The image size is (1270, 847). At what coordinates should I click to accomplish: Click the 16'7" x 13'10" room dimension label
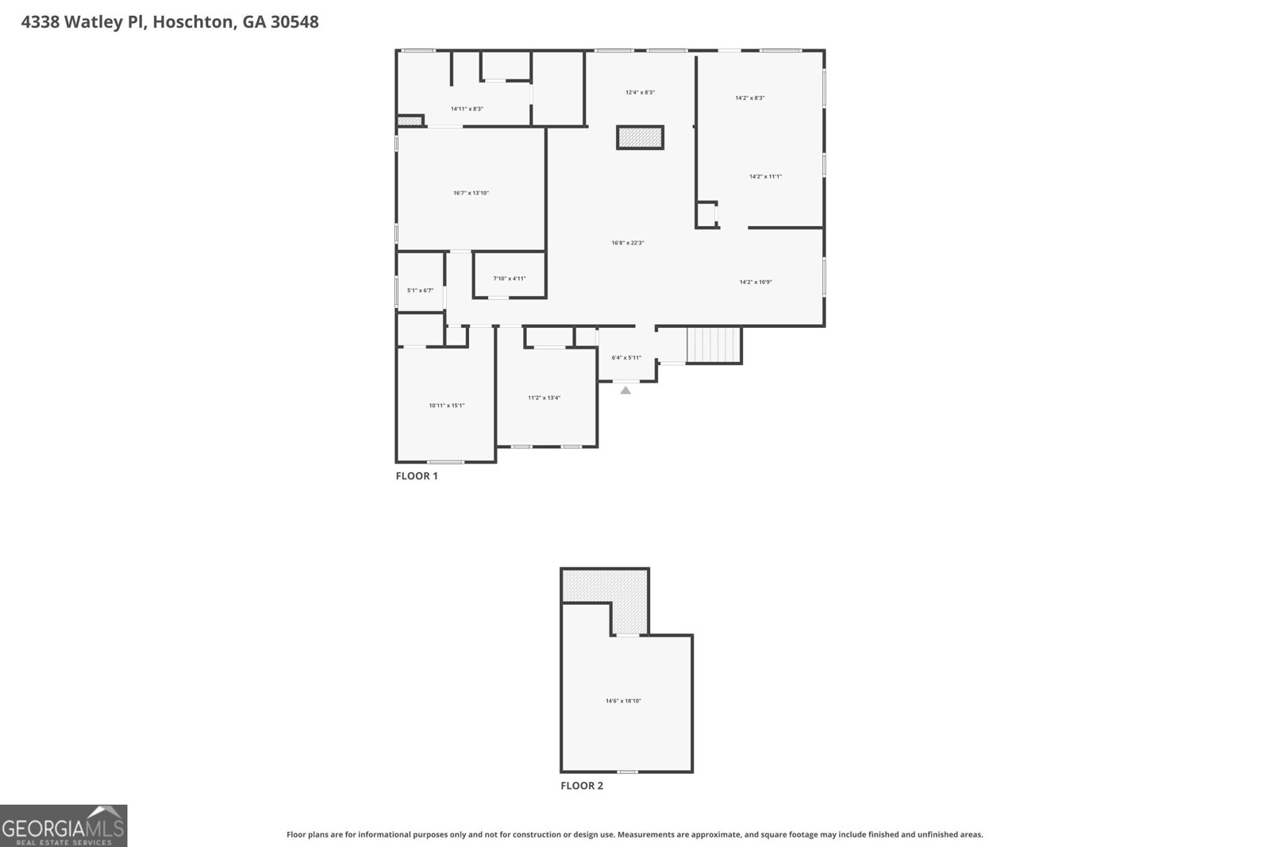tap(471, 193)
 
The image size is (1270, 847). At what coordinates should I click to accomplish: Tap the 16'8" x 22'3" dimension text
tap(627, 243)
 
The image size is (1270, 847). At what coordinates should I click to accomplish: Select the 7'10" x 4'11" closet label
tap(509, 279)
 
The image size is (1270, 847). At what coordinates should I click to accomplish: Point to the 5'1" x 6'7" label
tap(420, 291)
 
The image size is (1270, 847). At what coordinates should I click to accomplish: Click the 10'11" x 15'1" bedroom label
tap(446, 406)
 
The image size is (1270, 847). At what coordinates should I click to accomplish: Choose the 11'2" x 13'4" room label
tap(544, 398)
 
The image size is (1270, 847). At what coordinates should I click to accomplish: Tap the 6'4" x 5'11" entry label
tap(626, 358)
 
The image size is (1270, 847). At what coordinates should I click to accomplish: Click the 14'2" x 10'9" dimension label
tap(755, 282)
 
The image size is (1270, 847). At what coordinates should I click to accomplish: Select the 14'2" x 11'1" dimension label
tap(765, 176)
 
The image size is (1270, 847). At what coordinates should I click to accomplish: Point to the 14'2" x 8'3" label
tap(749, 98)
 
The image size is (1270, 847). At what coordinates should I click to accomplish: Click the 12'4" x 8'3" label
tap(640, 92)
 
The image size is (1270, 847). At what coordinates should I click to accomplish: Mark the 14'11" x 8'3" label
tap(467, 109)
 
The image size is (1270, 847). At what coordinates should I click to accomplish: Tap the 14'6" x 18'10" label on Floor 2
tap(623, 701)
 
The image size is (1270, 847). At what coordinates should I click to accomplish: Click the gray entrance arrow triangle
tap(625, 390)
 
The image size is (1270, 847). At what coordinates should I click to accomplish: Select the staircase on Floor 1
tap(714, 345)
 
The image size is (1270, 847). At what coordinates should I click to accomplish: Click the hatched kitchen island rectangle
tap(640, 137)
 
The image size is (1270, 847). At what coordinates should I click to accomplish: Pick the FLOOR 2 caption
tap(582, 786)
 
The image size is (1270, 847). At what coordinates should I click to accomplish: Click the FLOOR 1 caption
tap(417, 476)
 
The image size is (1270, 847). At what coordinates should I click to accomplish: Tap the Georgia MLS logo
tap(63, 826)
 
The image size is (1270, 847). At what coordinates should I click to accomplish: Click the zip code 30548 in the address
tap(294, 22)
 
